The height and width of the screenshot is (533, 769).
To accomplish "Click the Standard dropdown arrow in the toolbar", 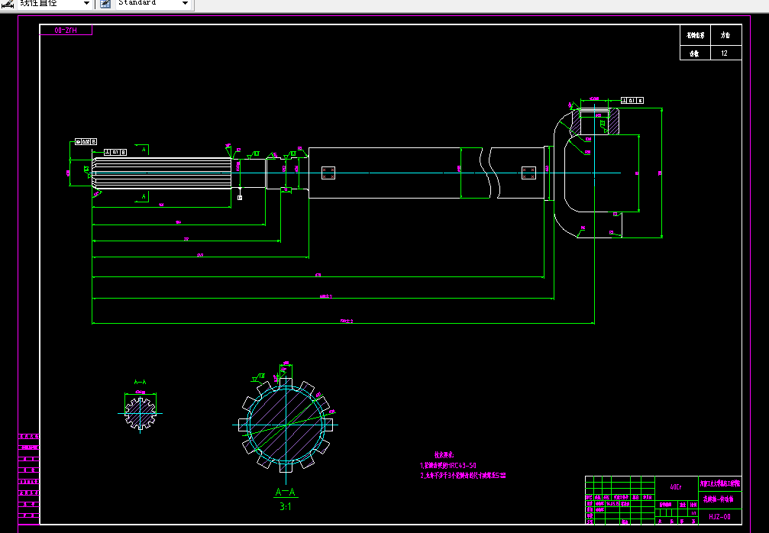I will (185, 4).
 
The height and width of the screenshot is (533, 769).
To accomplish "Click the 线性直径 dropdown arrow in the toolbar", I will (86, 4).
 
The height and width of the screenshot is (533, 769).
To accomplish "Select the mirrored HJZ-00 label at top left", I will (66, 31).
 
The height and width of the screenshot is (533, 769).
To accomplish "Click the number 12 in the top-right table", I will (725, 53).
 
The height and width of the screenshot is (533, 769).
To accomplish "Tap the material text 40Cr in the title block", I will (676, 486).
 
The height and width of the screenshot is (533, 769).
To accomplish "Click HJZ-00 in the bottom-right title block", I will (719, 516).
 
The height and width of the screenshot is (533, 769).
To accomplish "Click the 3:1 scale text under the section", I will (286, 506).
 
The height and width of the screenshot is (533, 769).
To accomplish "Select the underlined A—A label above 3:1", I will (285, 493).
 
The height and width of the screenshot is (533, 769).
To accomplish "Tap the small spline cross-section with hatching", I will (140, 413).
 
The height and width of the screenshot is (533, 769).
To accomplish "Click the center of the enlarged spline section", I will (286, 424).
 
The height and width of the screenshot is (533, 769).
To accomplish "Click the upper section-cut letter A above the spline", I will (144, 150).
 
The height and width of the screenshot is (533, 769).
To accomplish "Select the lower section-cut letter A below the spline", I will (144, 196).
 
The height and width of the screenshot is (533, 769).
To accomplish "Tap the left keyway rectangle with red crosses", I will (328, 173).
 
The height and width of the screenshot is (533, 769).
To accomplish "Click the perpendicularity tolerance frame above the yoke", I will (632, 100).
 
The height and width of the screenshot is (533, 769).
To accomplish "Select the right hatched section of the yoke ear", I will (611, 122).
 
